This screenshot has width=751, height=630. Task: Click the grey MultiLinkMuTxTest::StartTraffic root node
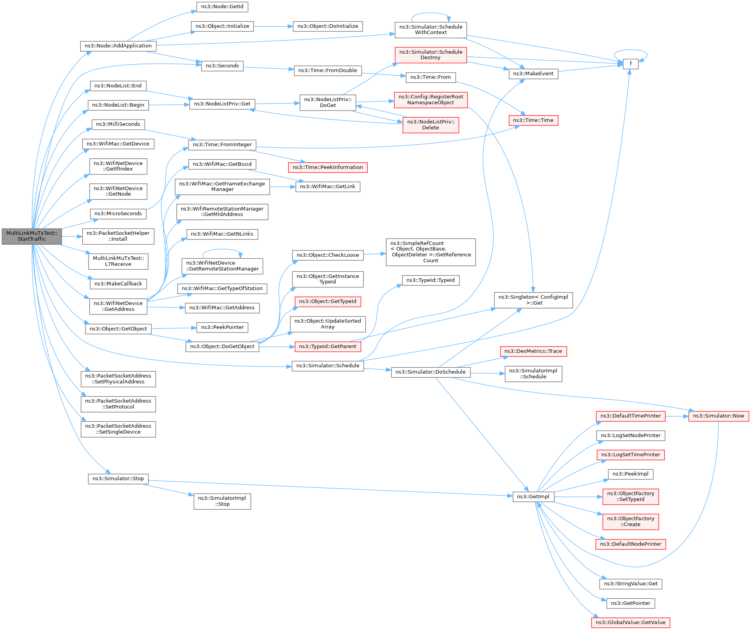(x=32, y=236)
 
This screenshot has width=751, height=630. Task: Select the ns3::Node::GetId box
(x=222, y=7)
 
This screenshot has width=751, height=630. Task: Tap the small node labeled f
(x=630, y=64)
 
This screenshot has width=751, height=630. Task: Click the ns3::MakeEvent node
(x=533, y=74)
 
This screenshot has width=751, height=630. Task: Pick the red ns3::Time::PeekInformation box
(x=328, y=167)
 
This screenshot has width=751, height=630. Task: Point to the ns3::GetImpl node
(x=533, y=497)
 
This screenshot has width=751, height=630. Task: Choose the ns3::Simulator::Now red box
(x=718, y=416)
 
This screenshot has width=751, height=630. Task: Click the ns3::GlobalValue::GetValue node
(x=630, y=623)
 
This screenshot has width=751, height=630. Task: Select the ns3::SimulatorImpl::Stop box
(x=222, y=501)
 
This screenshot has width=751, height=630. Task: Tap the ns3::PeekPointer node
(x=222, y=327)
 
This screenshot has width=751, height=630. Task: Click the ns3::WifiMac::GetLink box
(x=327, y=187)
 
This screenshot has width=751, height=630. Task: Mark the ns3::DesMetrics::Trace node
(x=533, y=351)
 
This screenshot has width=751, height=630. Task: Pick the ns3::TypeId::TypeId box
(x=430, y=280)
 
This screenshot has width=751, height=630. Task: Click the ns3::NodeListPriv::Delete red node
(x=430, y=125)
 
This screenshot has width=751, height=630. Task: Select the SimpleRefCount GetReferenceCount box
(x=430, y=252)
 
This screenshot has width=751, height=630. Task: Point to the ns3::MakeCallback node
(x=118, y=284)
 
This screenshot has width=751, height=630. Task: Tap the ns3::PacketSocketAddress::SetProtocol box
(x=118, y=404)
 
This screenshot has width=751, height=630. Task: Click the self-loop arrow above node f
(x=630, y=50)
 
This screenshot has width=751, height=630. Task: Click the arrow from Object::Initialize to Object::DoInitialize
(x=273, y=26)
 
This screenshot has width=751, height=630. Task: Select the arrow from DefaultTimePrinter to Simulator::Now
(x=677, y=416)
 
